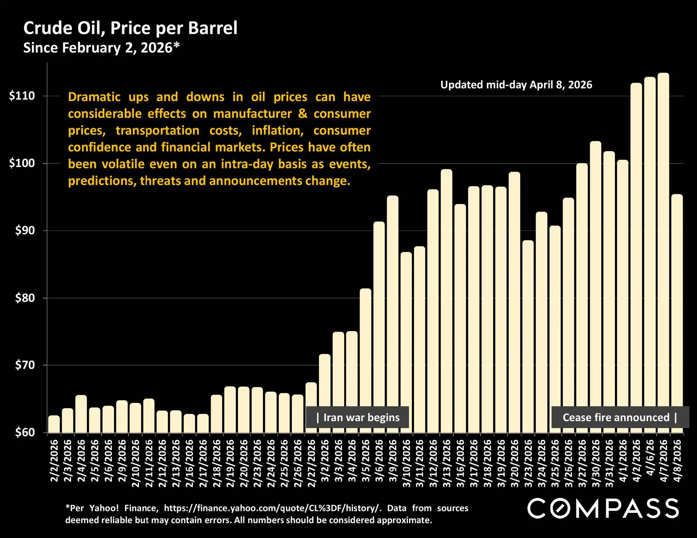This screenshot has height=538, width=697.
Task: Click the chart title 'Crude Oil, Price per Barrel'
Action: pos(130,28)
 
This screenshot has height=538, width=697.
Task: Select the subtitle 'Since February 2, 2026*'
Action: pos(101,48)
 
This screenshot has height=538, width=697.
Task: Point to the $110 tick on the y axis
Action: pos(22,96)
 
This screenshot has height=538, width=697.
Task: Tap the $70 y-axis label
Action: pos(25,365)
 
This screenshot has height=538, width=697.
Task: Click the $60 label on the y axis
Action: pos(25,432)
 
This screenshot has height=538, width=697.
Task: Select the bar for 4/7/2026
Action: pos(663,252)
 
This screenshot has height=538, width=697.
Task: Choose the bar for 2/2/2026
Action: pos(54,424)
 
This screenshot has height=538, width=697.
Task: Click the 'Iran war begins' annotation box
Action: pos(358,418)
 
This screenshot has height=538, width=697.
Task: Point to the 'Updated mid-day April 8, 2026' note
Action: pos(516,85)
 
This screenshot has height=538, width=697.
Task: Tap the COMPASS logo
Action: pos(603,509)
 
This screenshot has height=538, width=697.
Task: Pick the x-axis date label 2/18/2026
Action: pos(217,463)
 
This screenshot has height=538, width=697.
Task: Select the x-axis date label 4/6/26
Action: pos(650,457)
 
